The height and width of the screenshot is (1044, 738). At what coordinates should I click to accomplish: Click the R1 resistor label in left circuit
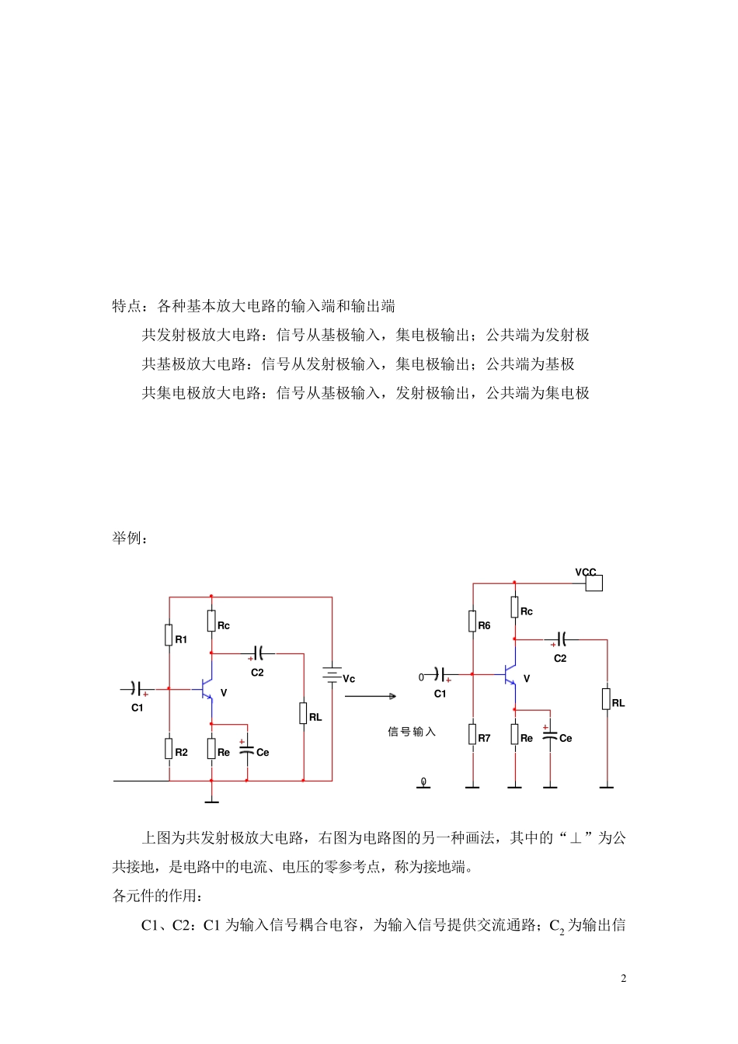[181, 639]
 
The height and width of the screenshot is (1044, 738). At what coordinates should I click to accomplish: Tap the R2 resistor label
[181, 752]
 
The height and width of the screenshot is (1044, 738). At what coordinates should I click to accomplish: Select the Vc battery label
[349, 679]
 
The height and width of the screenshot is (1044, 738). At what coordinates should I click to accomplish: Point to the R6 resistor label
[484, 625]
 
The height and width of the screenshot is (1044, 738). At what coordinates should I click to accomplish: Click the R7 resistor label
[484, 738]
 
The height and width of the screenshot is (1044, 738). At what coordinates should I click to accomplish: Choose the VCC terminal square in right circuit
[594, 583]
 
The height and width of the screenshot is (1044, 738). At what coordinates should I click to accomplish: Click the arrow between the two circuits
[371, 696]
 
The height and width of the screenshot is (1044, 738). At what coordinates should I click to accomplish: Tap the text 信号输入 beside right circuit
[412, 732]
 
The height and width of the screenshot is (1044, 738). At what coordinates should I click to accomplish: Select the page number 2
[623, 978]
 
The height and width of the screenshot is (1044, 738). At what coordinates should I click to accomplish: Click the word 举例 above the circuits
[127, 538]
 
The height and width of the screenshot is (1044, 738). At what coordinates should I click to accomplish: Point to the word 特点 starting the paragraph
[127, 306]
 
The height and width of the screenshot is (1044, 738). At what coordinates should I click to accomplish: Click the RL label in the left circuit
[315, 717]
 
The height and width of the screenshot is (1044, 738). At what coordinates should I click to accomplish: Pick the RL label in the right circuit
[618, 703]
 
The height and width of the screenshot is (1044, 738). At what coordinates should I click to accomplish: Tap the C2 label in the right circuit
[560, 658]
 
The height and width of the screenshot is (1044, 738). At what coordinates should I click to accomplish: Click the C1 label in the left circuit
[138, 708]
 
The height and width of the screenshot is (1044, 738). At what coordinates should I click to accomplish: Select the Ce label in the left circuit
[263, 752]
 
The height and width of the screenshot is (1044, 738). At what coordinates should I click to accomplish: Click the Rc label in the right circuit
[527, 611]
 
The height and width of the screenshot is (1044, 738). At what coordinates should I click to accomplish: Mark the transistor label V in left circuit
[224, 693]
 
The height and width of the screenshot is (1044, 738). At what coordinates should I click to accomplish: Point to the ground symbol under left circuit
[211, 800]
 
